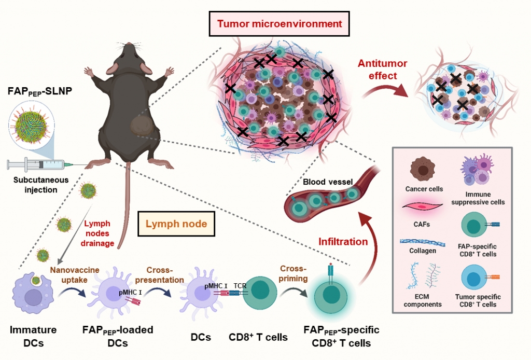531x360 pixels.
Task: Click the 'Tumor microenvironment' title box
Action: point(280,24)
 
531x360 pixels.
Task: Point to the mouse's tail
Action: point(127,207)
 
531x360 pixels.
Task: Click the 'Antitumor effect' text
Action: point(382,70)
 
